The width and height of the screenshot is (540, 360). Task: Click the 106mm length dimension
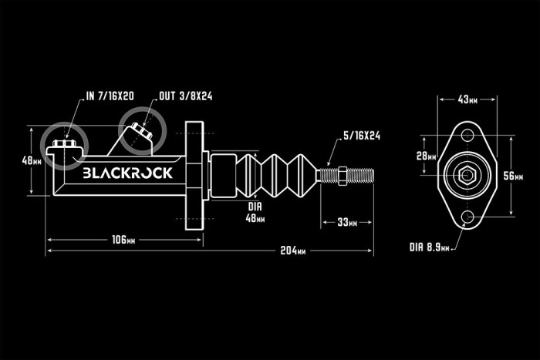118,240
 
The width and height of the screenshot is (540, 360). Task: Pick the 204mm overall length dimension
292,251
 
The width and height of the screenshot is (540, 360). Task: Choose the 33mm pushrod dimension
346,224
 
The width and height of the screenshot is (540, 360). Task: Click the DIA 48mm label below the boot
255,213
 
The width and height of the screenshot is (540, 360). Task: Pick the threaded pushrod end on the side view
347,175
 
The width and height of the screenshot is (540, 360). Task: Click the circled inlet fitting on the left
63,144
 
